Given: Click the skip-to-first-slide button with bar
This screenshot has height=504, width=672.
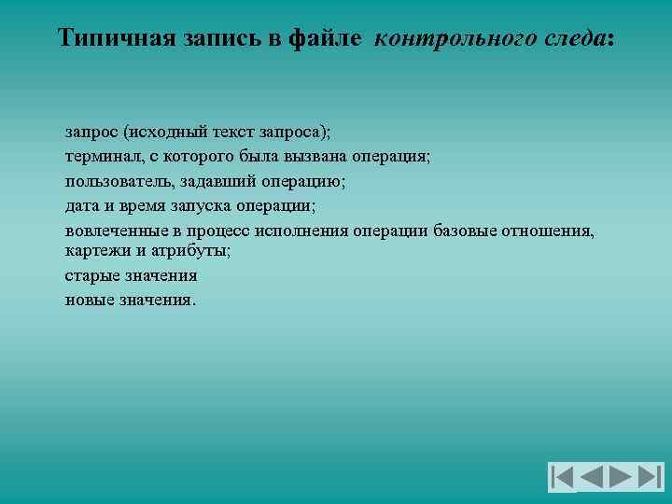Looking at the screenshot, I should pyautogui.click(x=562, y=477).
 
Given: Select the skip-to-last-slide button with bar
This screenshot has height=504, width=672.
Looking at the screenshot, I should pyautogui.click(x=650, y=477).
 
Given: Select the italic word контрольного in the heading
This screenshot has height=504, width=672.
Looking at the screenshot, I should pyautogui.click(x=447, y=38).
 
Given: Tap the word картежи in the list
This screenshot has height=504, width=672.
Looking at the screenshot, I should pyautogui.click(x=94, y=251).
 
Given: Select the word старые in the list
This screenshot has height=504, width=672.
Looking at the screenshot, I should pyautogui.click(x=90, y=275).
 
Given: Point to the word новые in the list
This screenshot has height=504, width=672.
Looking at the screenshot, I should pyautogui.click(x=88, y=300).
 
